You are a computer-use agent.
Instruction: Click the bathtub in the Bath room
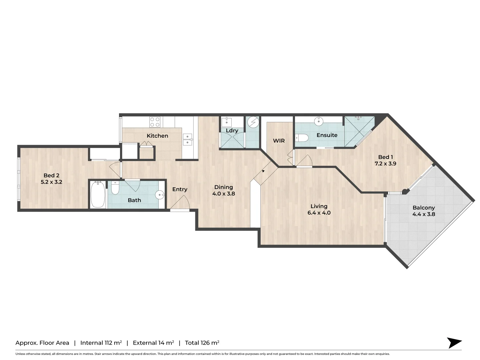click(98, 194)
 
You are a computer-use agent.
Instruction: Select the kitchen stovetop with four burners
click(155, 122)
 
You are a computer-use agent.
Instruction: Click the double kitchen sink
click(187, 139)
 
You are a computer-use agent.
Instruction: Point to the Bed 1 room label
click(385, 157)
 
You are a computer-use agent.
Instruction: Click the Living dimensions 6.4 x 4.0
click(319, 213)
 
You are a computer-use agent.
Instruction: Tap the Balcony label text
click(424, 208)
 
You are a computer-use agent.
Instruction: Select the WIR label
click(279, 141)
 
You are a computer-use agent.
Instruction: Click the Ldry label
click(232, 131)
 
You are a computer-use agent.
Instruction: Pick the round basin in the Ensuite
click(319, 121)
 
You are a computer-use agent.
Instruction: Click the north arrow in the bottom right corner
click(454, 343)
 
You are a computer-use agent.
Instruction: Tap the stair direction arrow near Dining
click(263, 171)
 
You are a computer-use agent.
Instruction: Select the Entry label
click(180, 189)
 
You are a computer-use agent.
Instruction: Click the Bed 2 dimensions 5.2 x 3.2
click(51, 182)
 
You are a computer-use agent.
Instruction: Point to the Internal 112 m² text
click(101, 343)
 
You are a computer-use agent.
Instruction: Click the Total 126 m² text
click(202, 343)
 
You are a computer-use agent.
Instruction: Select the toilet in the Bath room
click(115, 188)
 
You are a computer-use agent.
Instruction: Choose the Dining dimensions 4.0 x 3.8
click(224, 194)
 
